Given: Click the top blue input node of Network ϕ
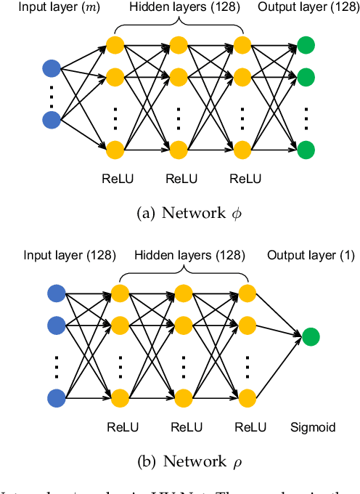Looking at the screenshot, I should (x=52, y=69).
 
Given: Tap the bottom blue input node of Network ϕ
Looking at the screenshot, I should (x=52, y=119).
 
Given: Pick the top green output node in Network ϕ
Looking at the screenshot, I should (x=306, y=45).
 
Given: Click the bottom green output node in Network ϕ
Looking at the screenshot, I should (x=306, y=150).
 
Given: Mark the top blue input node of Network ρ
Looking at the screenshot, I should (x=57, y=294).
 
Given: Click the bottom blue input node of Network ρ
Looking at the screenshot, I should (x=57, y=397).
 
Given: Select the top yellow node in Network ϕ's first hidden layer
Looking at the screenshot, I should (x=115, y=45).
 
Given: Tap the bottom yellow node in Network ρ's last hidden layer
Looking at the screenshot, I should (x=247, y=397).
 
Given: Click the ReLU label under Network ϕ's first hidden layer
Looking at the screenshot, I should (x=115, y=179).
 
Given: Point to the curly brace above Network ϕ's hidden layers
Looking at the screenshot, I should (x=178, y=25).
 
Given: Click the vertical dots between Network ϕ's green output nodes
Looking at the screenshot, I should (x=306, y=114).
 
